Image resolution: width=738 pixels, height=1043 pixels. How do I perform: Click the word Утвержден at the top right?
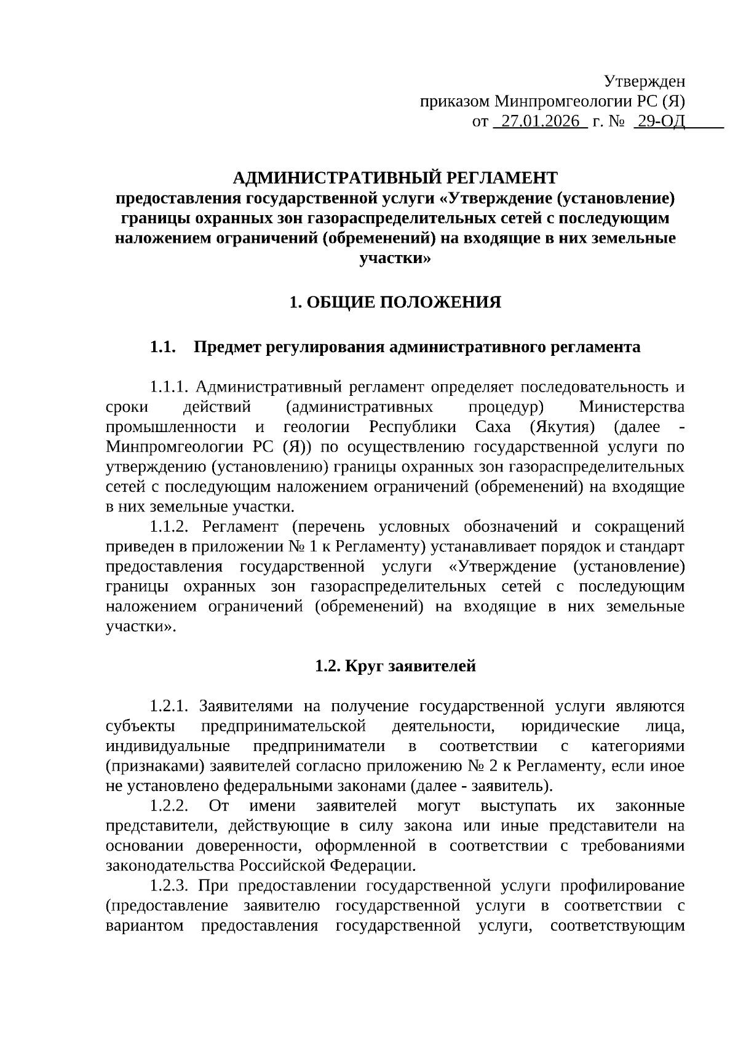pyautogui.click(x=644, y=81)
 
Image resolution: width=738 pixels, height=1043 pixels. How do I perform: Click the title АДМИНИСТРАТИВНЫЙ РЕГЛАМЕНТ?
pyautogui.click(x=395, y=178)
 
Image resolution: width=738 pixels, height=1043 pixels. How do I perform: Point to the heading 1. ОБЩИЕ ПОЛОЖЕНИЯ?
pyautogui.click(x=395, y=302)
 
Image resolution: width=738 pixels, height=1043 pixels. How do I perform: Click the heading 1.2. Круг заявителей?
pyautogui.click(x=395, y=666)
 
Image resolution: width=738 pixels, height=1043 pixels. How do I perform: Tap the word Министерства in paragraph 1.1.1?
pyautogui.click(x=632, y=407)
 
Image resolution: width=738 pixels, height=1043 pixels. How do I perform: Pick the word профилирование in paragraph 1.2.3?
pyautogui.click(x=622, y=886)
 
